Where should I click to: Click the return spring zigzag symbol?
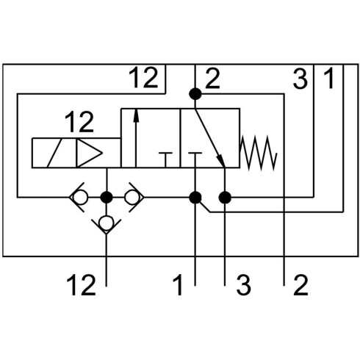click(259, 153)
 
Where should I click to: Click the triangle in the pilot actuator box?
click(89, 153)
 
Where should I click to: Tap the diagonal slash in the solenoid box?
click(54, 153)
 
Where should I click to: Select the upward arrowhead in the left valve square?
click(137, 115)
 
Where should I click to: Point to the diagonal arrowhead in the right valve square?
click(220, 161)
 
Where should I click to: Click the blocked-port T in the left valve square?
click(165, 159)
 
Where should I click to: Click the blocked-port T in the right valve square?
click(195, 159)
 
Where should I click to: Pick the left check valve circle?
click(80, 197)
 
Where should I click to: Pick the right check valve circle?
click(132, 197)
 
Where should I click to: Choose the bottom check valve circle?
click(107, 223)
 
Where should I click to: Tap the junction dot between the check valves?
click(107, 197)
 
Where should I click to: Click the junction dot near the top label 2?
click(195, 94)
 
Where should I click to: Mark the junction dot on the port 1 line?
click(195, 198)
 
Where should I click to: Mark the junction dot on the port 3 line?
click(225, 198)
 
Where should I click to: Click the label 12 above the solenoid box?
click(79, 122)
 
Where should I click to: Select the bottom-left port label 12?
click(81, 285)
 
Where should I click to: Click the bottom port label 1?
click(178, 285)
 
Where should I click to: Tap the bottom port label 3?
click(243, 285)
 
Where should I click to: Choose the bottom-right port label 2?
click(300, 285)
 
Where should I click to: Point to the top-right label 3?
click(300, 79)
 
